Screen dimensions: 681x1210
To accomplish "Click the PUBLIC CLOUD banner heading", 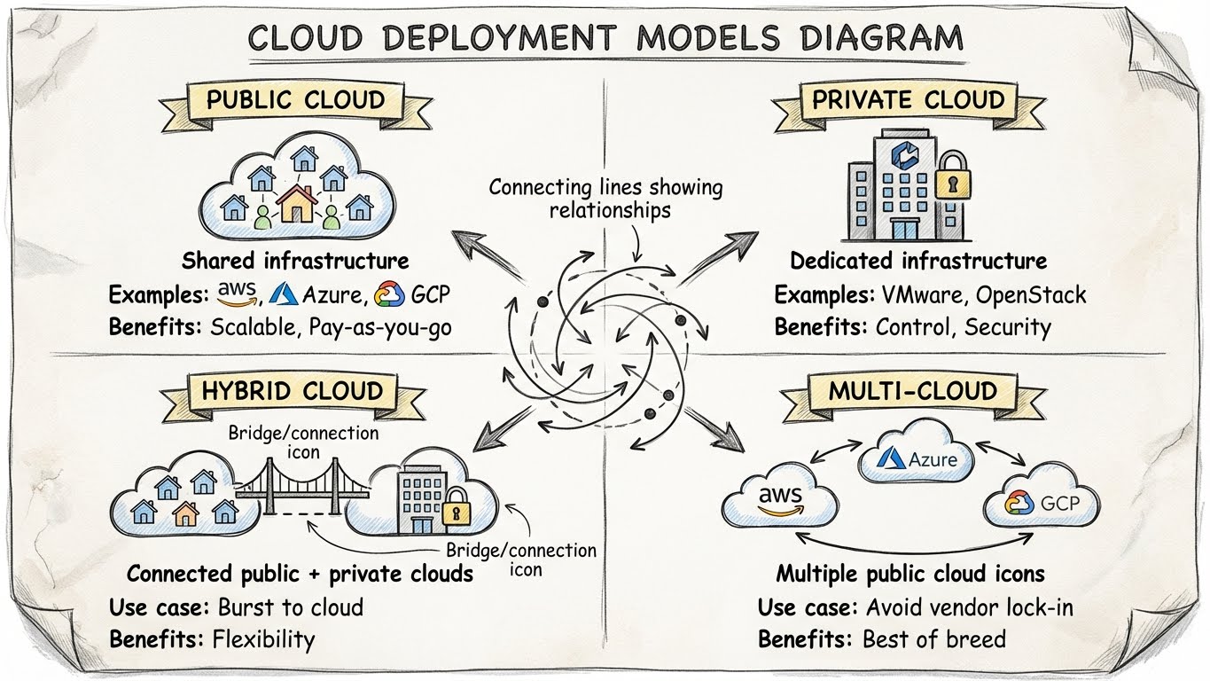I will (295, 99).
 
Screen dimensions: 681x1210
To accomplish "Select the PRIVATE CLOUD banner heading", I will (908, 99).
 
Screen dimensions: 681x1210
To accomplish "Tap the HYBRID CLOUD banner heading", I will (292, 391).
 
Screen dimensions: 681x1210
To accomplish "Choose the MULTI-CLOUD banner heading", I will (912, 391).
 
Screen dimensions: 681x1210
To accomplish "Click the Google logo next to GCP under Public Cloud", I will (388, 294).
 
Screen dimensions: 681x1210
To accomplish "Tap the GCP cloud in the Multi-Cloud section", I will (1042, 503).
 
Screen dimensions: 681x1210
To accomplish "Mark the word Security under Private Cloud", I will (1007, 326).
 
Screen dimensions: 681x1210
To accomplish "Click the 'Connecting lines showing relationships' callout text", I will (605, 199).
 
